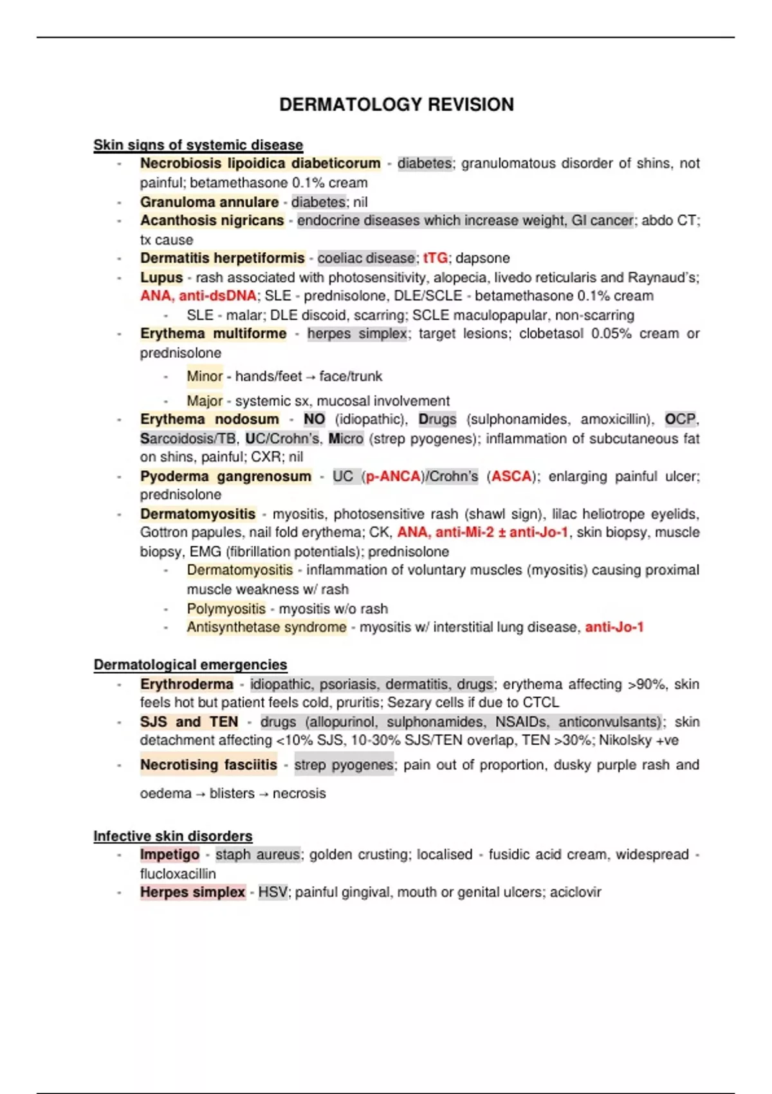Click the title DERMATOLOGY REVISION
(396, 104)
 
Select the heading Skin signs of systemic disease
(198, 145)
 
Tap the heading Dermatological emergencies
(190, 665)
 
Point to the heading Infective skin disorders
(173, 836)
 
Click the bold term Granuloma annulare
(209, 202)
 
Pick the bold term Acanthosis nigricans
(212, 221)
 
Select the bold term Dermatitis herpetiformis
(222, 258)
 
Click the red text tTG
(436, 258)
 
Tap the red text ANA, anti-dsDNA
(198, 296)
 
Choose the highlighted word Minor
(205, 376)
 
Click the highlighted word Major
(205, 401)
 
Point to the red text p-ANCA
(393, 477)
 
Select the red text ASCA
(511, 477)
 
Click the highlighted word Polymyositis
(226, 609)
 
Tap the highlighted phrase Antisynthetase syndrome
(266, 627)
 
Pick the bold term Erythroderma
(187, 684)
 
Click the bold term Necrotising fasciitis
(208, 765)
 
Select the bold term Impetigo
(170, 855)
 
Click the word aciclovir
(575, 893)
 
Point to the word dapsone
(482, 258)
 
